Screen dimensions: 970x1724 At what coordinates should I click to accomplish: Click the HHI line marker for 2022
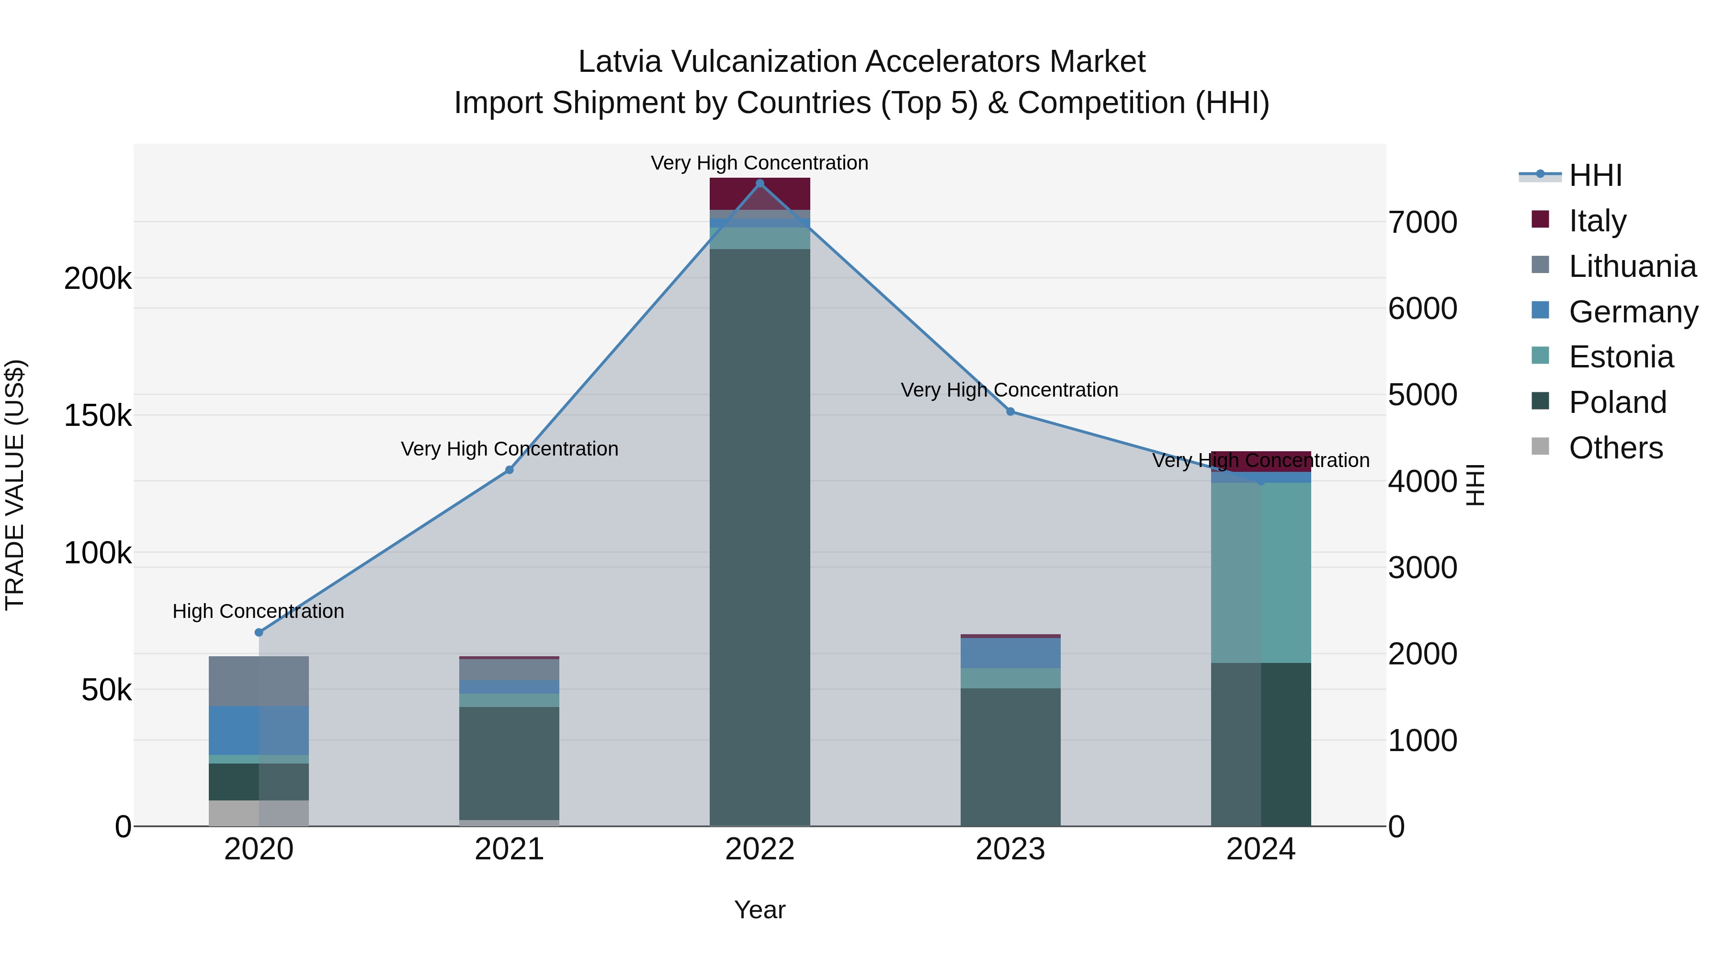(760, 183)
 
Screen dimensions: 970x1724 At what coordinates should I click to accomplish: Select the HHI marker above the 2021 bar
(510, 470)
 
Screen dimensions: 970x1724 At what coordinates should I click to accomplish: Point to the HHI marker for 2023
(1010, 411)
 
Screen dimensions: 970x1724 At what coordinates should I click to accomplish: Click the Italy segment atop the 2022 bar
(760, 194)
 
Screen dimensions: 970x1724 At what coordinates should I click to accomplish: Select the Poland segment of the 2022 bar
(760, 536)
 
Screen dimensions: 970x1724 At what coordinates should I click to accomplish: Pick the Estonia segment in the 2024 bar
(1261, 572)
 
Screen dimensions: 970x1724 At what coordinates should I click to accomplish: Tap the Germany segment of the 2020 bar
(259, 730)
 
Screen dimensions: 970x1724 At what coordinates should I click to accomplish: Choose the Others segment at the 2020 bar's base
(259, 813)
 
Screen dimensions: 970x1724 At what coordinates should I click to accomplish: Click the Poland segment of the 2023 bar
(1010, 756)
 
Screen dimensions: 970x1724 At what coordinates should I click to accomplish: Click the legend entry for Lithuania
(1632, 266)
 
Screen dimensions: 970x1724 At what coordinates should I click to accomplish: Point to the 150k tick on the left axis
(98, 416)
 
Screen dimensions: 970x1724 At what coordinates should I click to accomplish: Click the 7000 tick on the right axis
(1422, 222)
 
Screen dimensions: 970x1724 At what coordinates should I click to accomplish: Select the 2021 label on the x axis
(510, 849)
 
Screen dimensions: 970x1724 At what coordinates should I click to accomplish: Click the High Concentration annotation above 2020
(258, 611)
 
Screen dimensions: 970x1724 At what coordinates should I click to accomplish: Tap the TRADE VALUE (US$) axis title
(15, 485)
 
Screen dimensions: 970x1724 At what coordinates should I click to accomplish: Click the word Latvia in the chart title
(620, 62)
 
